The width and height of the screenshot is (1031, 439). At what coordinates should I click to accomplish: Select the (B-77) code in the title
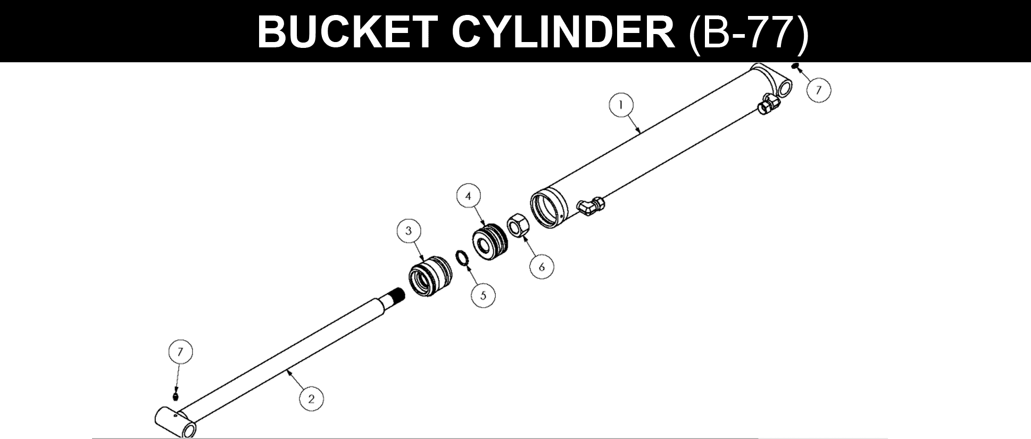pyautogui.click(x=747, y=32)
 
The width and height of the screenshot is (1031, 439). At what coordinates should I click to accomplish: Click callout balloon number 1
pyautogui.click(x=621, y=105)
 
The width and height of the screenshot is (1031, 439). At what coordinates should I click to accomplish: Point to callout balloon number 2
pyautogui.click(x=311, y=399)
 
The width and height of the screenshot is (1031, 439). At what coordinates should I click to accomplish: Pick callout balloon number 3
pyautogui.click(x=409, y=231)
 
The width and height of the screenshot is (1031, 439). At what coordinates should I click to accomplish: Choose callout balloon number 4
pyautogui.click(x=468, y=196)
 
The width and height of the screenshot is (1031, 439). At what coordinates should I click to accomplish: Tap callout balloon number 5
pyautogui.click(x=483, y=295)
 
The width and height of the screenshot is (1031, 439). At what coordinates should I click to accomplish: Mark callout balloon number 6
pyautogui.click(x=542, y=267)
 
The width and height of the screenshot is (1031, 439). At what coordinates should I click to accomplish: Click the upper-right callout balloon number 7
pyautogui.click(x=819, y=89)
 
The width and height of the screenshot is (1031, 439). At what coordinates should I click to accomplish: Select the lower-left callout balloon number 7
pyautogui.click(x=180, y=352)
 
